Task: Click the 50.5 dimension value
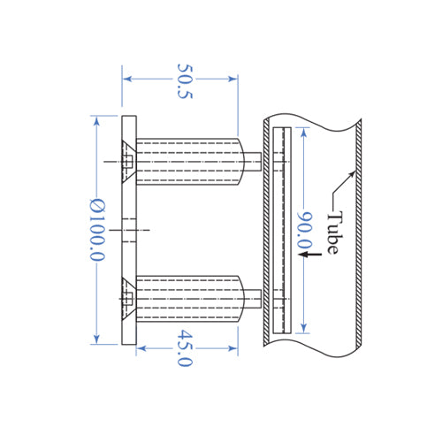pyautogui.click(x=183, y=80)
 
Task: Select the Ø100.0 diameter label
pyautogui.click(x=97, y=230)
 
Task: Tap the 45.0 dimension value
pyautogui.click(x=185, y=347)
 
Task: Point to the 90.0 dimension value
pyautogui.click(x=305, y=231)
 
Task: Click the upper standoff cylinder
pyautogui.click(x=190, y=162)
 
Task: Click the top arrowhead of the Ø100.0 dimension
pyautogui.click(x=95, y=119)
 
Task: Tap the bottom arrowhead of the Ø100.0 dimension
pyautogui.click(x=95, y=339)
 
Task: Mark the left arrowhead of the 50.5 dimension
pyautogui.click(x=126, y=79)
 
